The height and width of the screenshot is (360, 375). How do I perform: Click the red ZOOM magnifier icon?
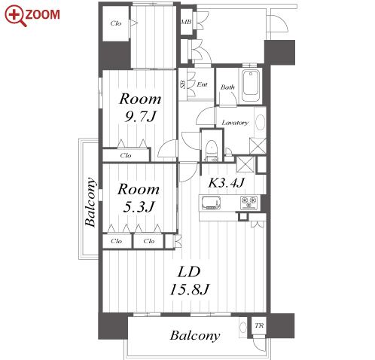pyautogui.click(x=15, y=16)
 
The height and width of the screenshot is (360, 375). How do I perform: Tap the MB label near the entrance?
pyautogui.click(x=186, y=22)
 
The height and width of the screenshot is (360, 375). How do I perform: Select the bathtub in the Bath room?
pyautogui.click(x=251, y=86)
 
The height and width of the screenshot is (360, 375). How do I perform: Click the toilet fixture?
pyautogui.click(x=211, y=150)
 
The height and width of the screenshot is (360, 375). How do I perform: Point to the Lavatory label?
pyautogui.click(x=235, y=123)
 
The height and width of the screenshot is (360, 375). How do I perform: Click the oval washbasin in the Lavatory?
pyautogui.click(x=261, y=122)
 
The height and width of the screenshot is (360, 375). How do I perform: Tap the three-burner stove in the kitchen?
pyautogui.click(x=249, y=203)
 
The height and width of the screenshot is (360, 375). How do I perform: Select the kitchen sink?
pyautogui.click(x=211, y=203)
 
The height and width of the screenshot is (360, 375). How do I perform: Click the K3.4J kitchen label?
pyautogui.click(x=227, y=182)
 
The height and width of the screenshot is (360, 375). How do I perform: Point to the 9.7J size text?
pyautogui.click(x=141, y=117)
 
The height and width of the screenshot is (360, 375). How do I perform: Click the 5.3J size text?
pyautogui.click(x=139, y=207)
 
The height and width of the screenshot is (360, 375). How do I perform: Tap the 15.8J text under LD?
pyautogui.click(x=190, y=289)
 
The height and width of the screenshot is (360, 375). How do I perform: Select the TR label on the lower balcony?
pyautogui.click(x=259, y=325)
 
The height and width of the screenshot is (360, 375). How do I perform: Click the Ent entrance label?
pyautogui.click(x=202, y=84)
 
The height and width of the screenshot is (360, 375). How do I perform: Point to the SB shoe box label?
pyautogui.click(x=183, y=84)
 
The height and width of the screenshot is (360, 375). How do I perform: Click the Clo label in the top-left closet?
pyautogui.click(x=116, y=23)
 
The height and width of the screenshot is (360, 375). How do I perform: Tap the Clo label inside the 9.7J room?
pyautogui.click(x=126, y=155)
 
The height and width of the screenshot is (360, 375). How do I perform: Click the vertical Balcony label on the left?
pyautogui.click(x=90, y=202)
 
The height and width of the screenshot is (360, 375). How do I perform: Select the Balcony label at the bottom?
pyautogui.click(x=195, y=336)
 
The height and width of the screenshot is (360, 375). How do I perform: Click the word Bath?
pyautogui.click(x=227, y=87)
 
